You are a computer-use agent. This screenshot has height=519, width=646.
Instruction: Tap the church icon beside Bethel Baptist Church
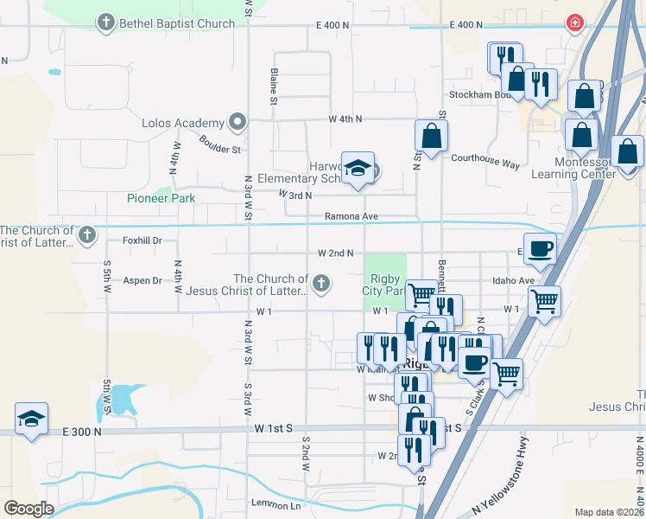click(106, 23)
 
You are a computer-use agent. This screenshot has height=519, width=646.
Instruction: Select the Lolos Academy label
click(183, 123)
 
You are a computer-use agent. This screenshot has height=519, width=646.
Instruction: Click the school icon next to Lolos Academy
click(236, 122)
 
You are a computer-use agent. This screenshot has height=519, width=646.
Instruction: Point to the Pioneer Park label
click(161, 198)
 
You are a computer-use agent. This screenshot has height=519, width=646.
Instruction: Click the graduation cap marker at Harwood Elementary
click(357, 169)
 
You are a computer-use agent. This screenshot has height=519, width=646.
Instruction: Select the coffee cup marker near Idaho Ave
click(540, 248)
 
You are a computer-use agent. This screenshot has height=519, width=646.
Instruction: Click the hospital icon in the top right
click(573, 23)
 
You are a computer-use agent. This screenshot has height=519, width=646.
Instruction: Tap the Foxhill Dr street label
click(142, 240)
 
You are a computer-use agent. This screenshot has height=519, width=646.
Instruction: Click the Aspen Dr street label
click(143, 280)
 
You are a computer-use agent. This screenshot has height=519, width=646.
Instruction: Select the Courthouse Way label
click(485, 163)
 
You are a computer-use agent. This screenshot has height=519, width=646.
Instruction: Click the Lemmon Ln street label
click(275, 504)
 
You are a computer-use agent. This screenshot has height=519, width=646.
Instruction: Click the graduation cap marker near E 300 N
click(31, 420)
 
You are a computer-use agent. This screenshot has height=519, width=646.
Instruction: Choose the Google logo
click(28, 509)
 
